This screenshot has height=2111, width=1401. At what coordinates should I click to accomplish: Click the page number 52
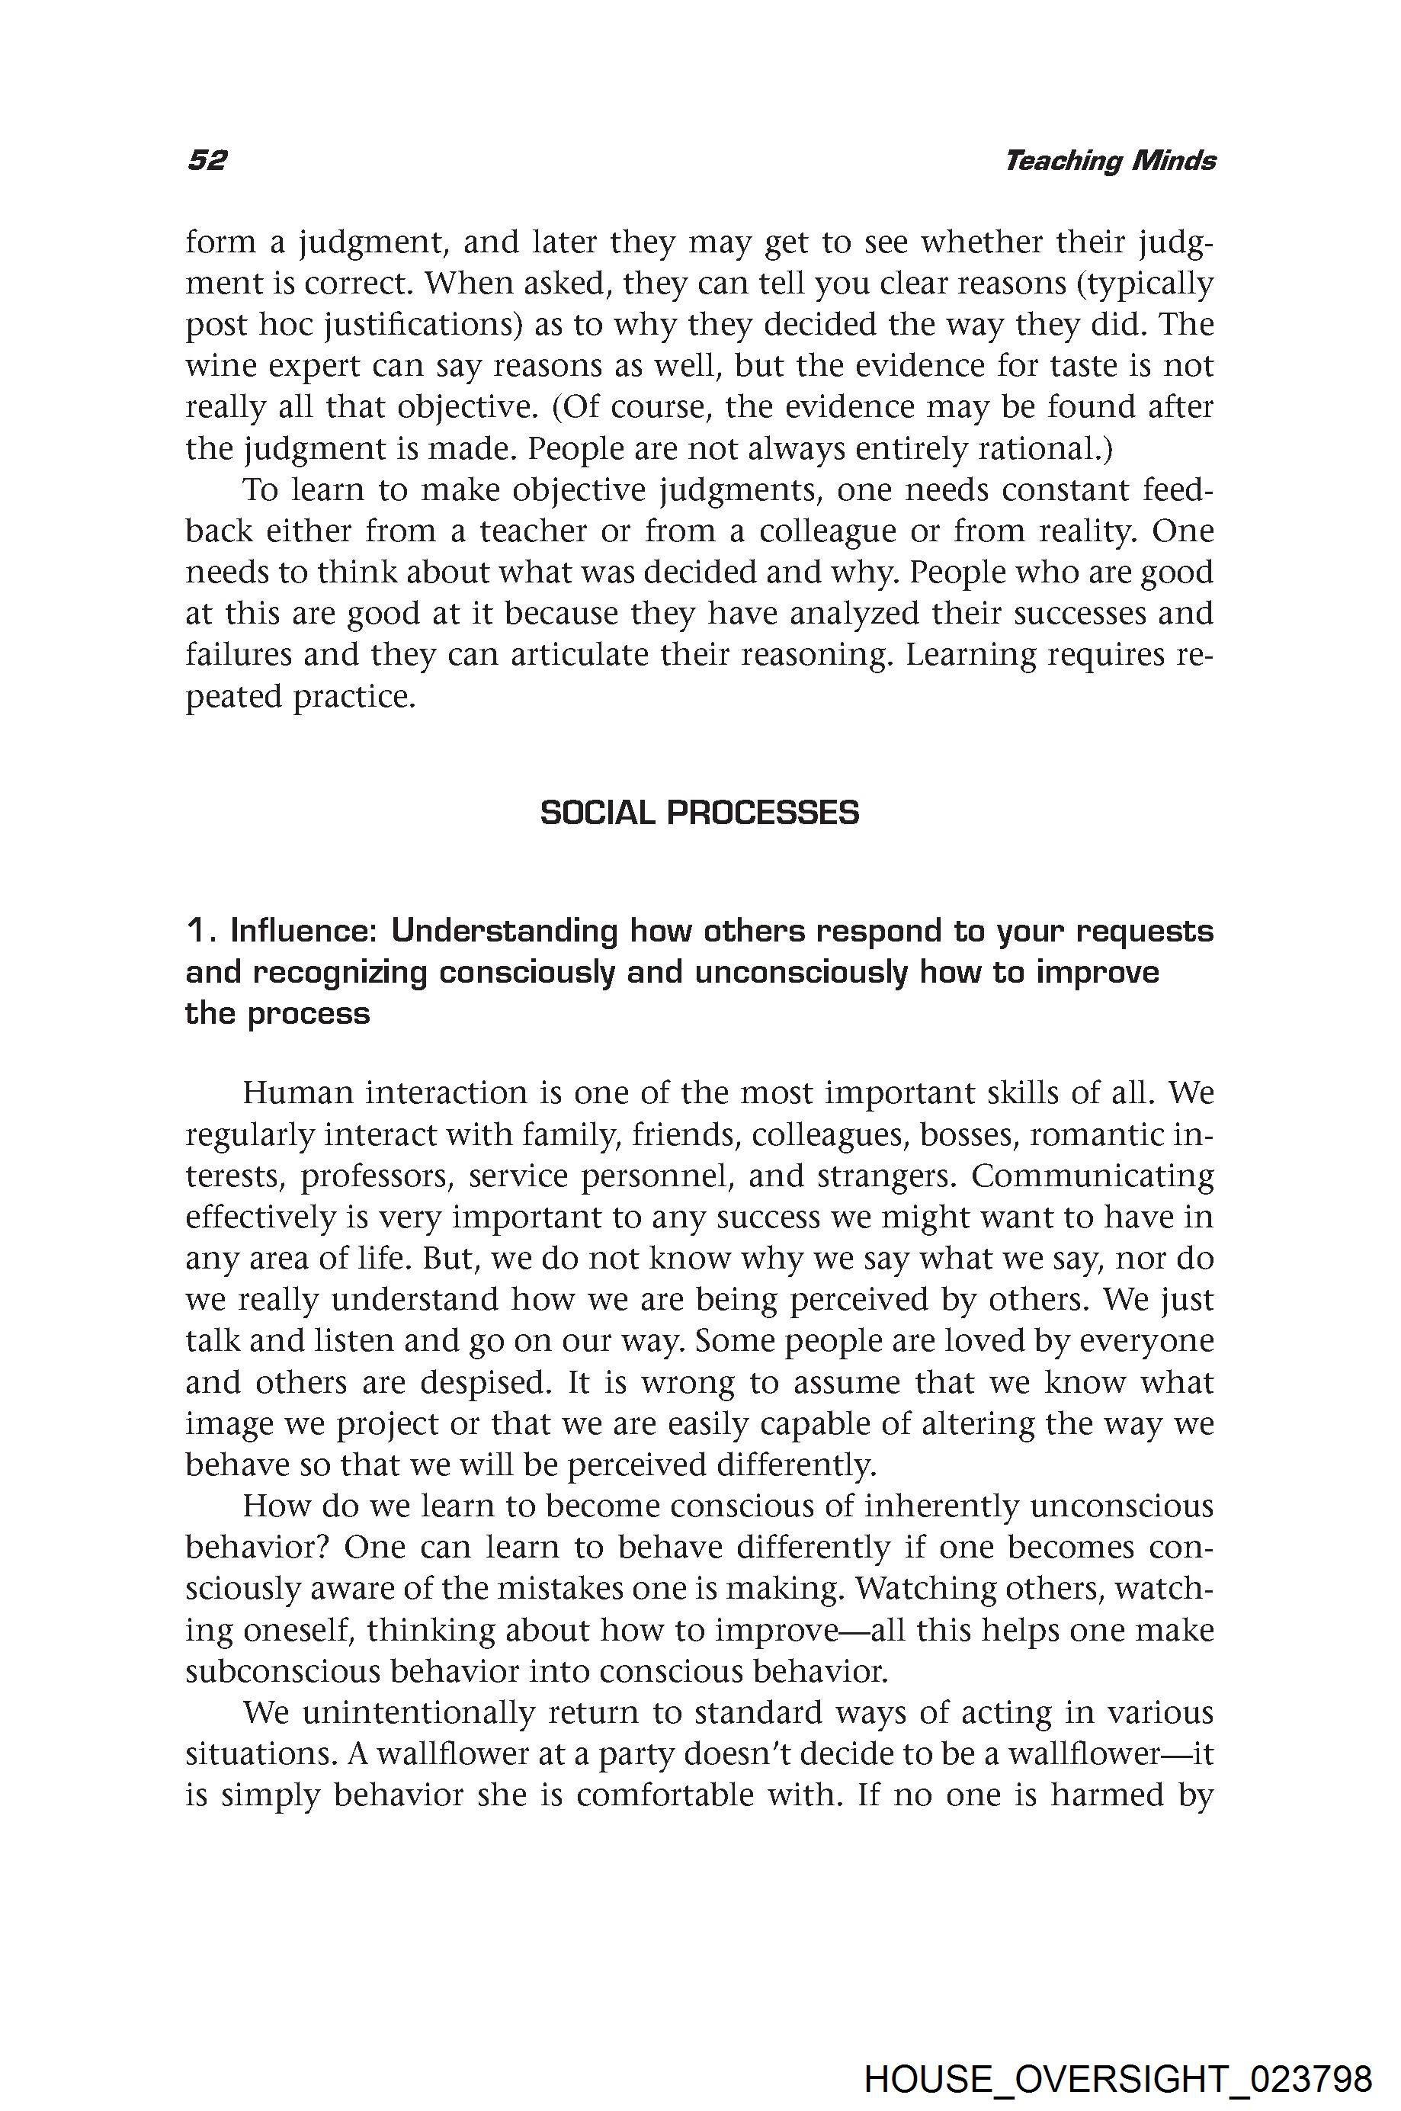pyautogui.click(x=207, y=161)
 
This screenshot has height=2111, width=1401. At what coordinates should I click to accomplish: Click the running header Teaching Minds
pyautogui.click(x=1110, y=161)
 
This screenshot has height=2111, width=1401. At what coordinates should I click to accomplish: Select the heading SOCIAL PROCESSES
pyautogui.click(x=700, y=813)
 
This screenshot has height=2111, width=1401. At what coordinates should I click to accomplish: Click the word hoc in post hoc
pyautogui.click(x=285, y=325)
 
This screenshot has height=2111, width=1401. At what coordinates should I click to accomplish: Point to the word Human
pyautogui.click(x=297, y=1092)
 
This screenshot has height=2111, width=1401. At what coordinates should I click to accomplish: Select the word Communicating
pyautogui.click(x=1093, y=1176)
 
